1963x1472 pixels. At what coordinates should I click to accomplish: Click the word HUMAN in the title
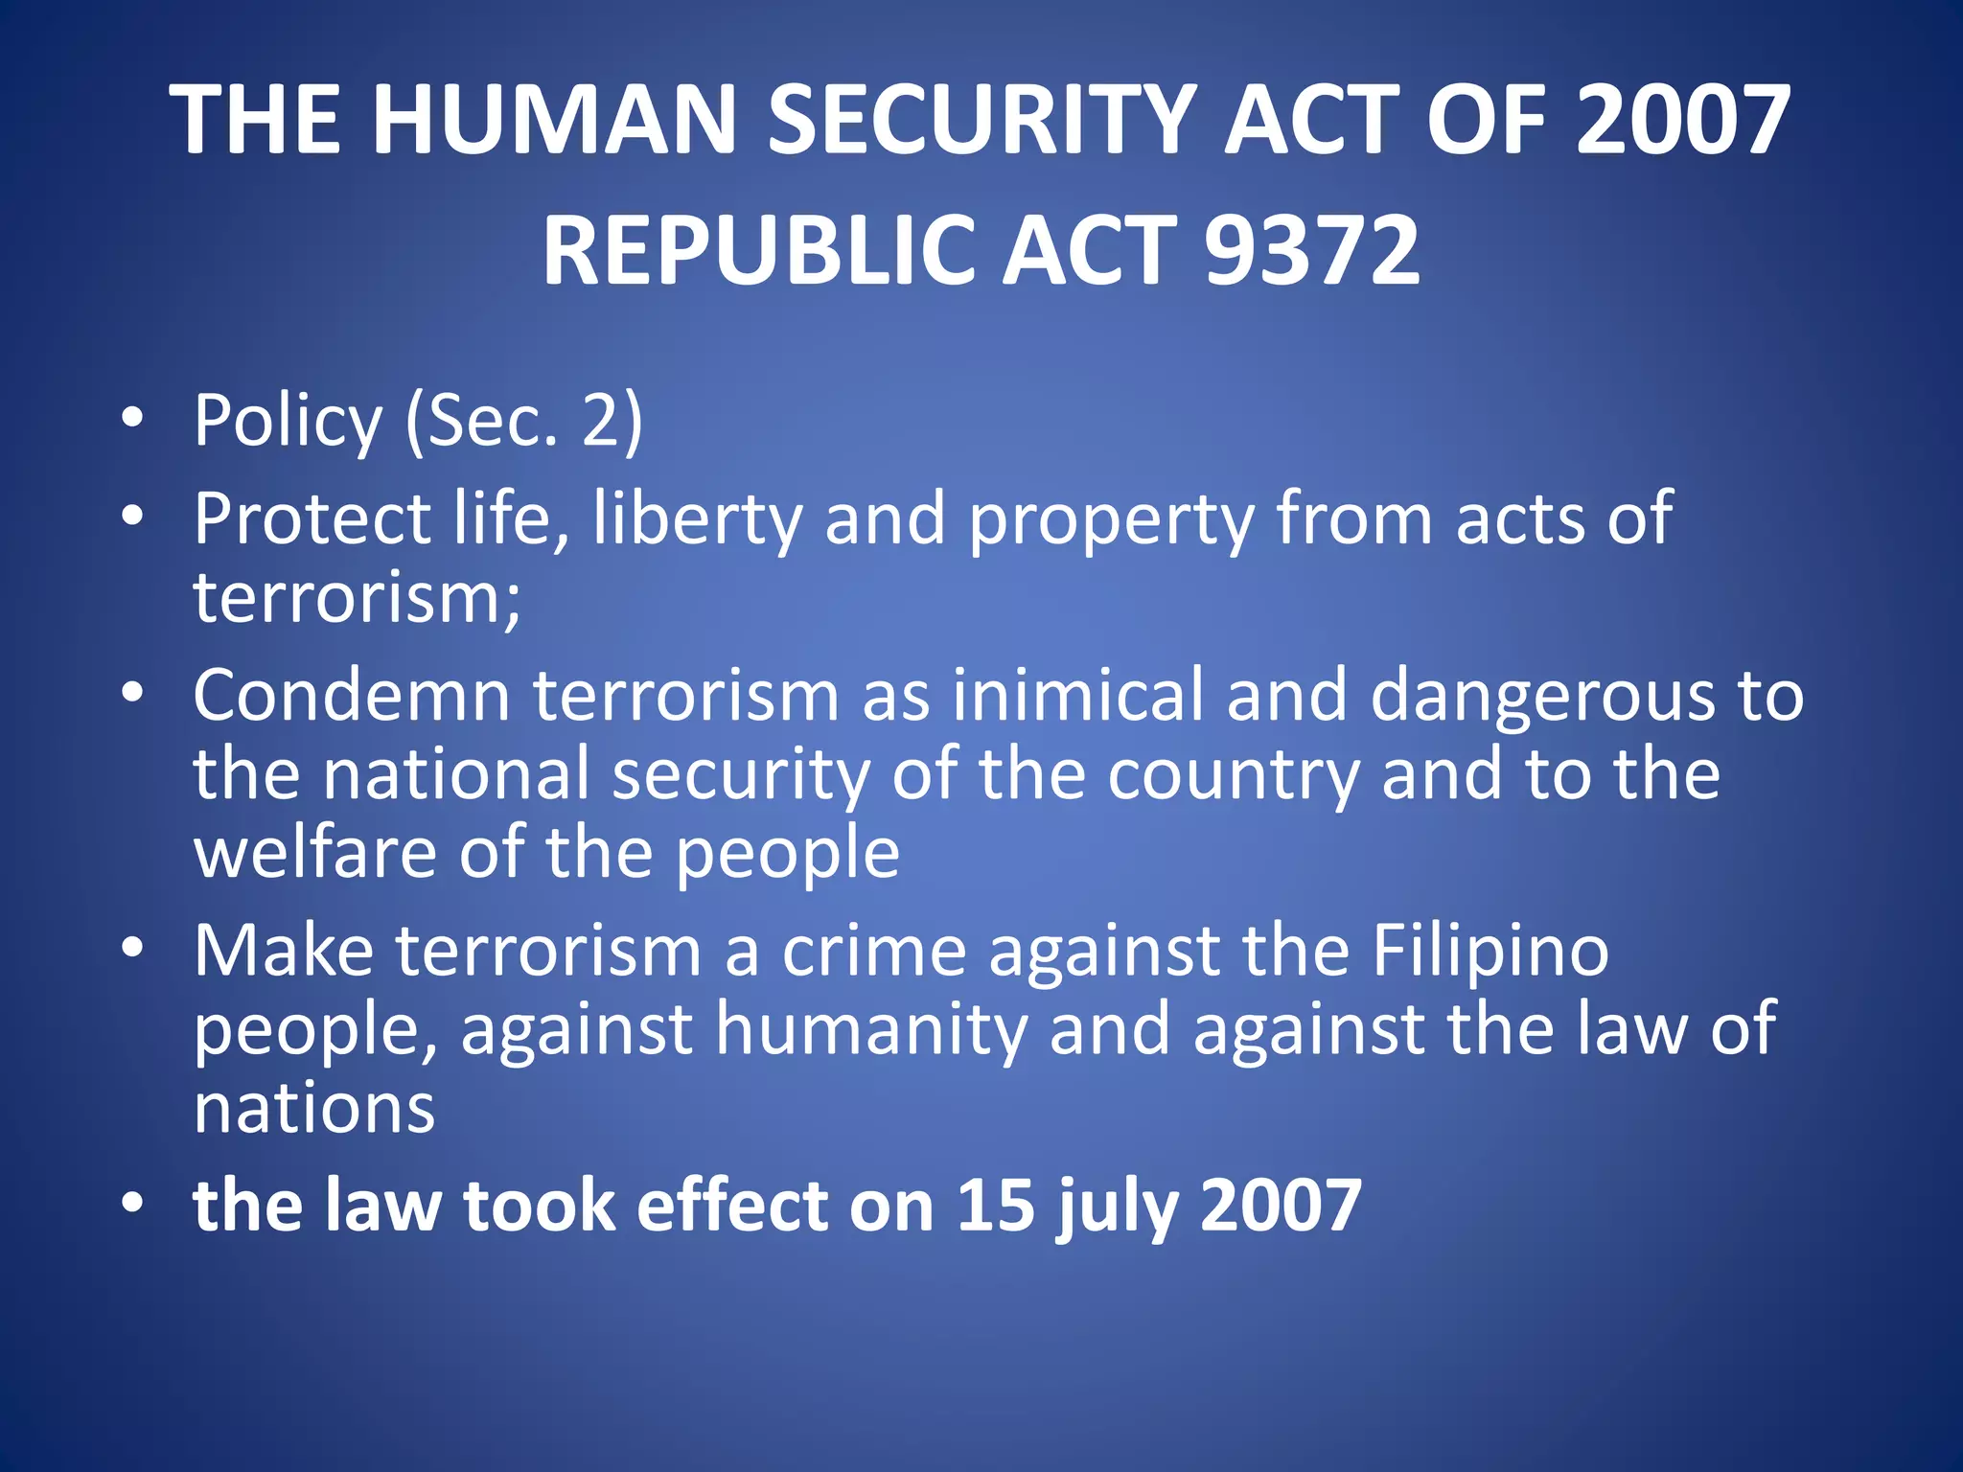pyautogui.click(x=554, y=120)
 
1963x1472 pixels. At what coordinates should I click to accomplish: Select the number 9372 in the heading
pyautogui.click(x=1311, y=250)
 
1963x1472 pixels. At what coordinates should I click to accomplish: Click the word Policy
pyautogui.click(x=288, y=422)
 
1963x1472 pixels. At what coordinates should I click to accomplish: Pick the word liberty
pyautogui.click(x=697, y=519)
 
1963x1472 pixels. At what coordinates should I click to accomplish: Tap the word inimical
pyautogui.click(x=1077, y=695)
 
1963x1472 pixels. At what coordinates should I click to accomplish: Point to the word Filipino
pyautogui.click(x=1490, y=952)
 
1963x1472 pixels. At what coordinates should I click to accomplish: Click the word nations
pyautogui.click(x=314, y=1110)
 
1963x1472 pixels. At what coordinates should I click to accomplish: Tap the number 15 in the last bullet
pyautogui.click(x=996, y=1206)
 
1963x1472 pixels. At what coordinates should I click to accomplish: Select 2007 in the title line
pyautogui.click(x=1682, y=120)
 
